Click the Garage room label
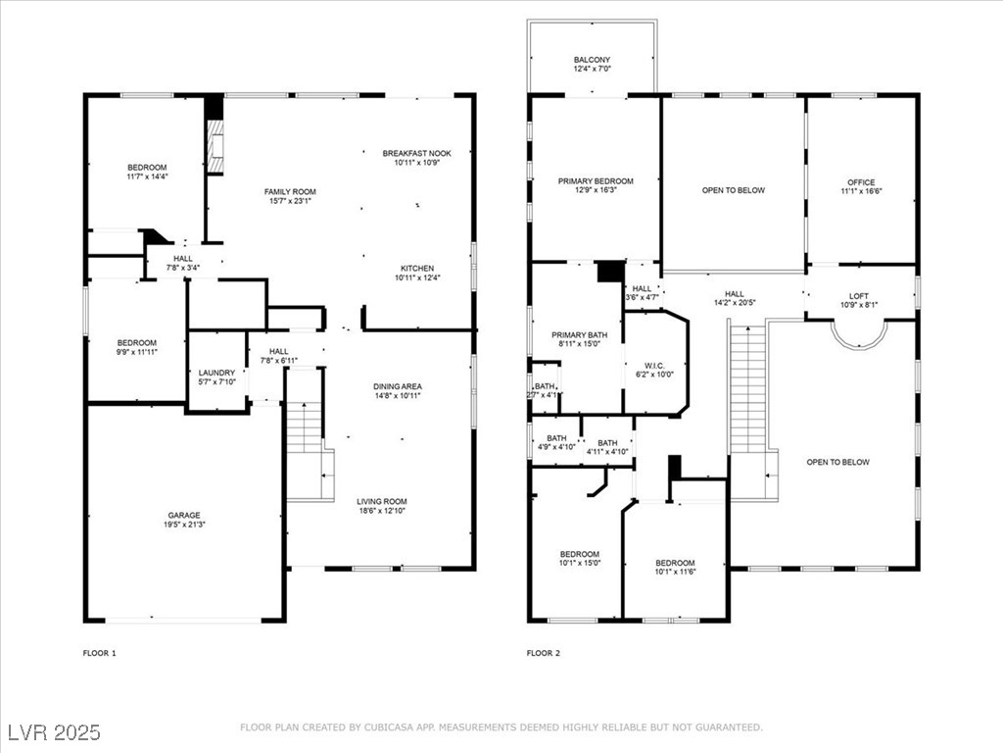click(184, 515)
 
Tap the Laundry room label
click(216, 373)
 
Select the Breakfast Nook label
click(417, 153)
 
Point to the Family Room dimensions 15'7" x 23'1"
click(290, 201)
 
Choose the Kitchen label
click(417, 269)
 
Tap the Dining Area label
click(398, 386)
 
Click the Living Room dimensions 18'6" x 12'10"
click(382, 510)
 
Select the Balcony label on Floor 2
click(592, 60)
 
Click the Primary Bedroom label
click(596, 181)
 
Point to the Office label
click(861, 181)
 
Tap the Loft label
click(859, 296)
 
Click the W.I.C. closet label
click(654, 366)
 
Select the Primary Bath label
click(580, 335)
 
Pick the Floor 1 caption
click(100, 653)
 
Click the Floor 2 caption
click(544, 653)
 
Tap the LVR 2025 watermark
click(55, 731)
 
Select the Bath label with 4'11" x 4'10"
click(607, 443)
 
